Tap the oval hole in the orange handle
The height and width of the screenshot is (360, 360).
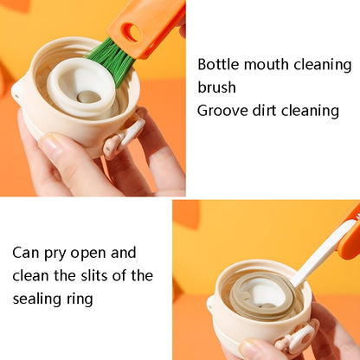(132, 33)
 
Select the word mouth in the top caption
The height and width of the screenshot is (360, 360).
(267, 64)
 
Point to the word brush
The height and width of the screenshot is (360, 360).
(216, 87)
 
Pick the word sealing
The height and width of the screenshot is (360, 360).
(37, 299)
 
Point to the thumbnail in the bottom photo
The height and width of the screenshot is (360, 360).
(253, 350)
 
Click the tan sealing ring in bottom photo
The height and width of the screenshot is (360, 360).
(262, 297)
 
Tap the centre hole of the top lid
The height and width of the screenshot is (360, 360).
(88, 97)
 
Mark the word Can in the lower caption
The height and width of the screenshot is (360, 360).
(26, 254)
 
